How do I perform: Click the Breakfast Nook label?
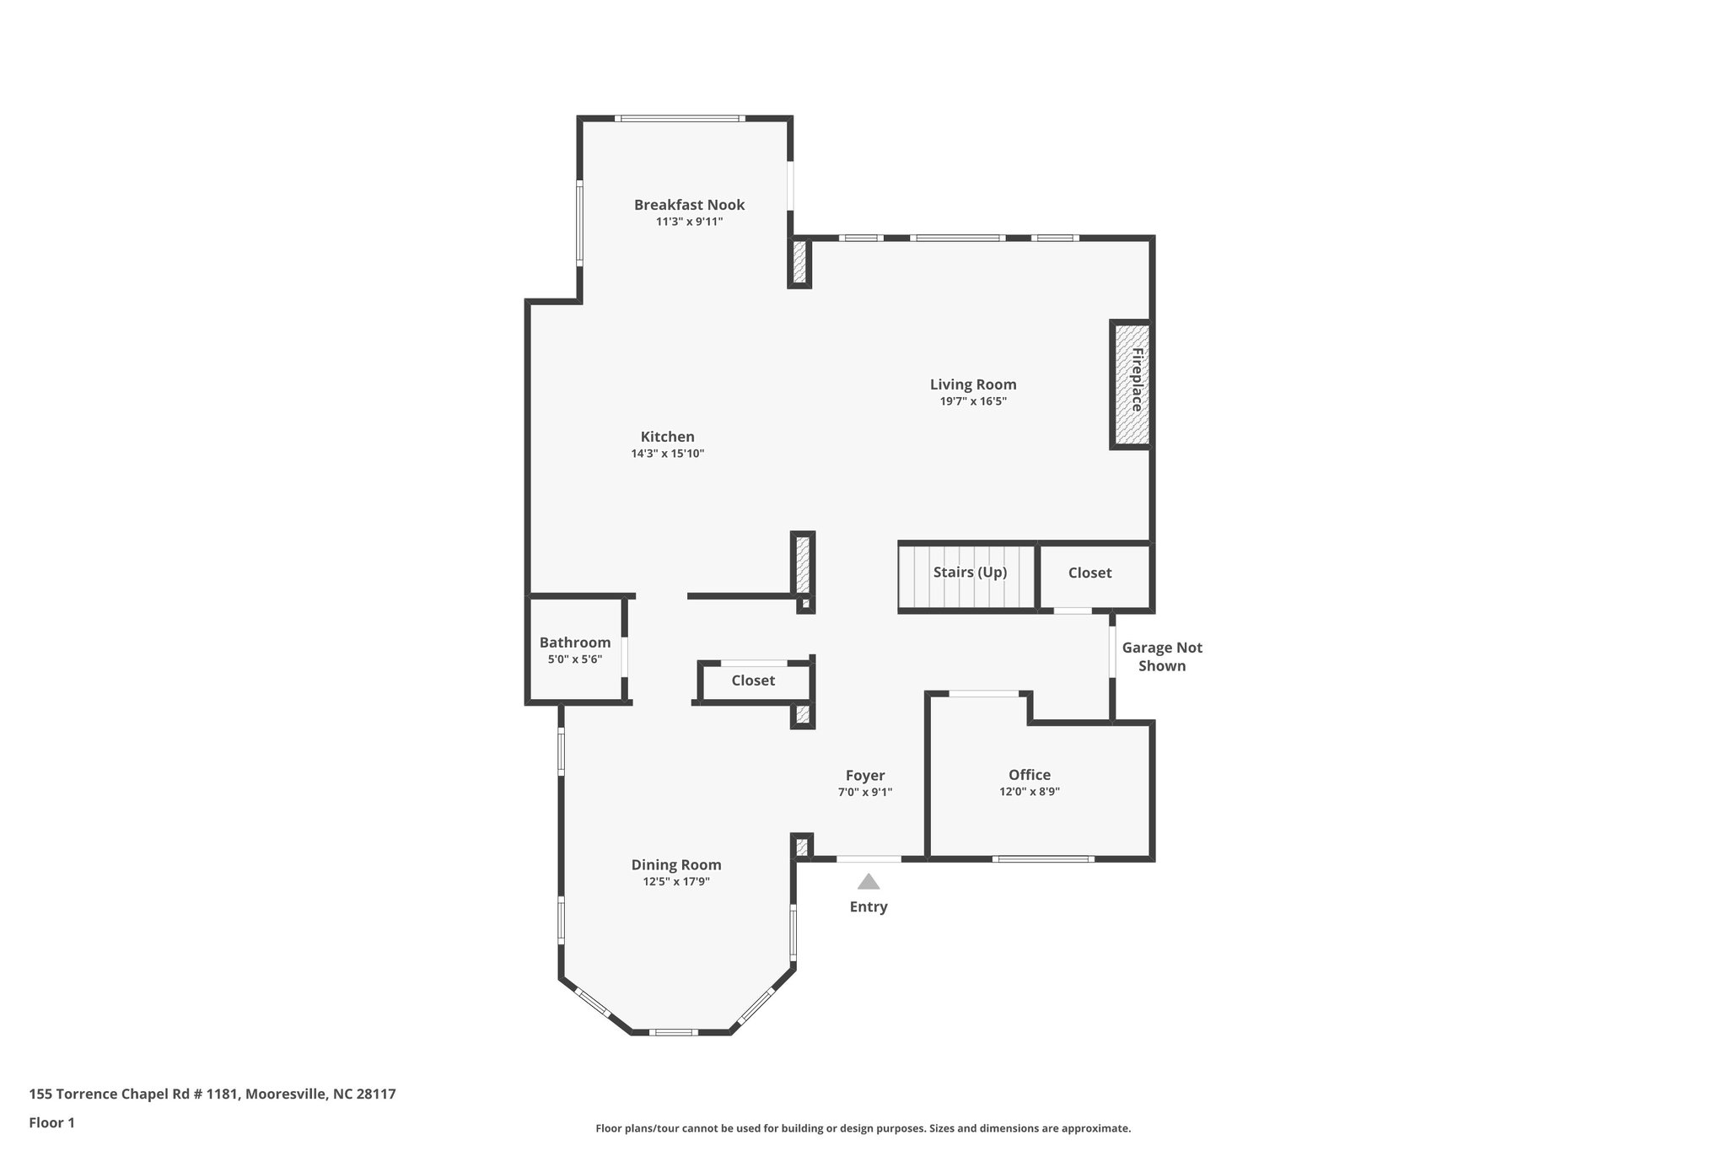(x=689, y=205)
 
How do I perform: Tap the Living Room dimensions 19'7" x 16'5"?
(x=973, y=402)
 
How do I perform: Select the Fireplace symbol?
(x=1131, y=385)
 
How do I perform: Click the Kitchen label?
(x=667, y=437)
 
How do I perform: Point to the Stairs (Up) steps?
(x=968, y=576)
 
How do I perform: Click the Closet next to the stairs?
(x=1089, y=573)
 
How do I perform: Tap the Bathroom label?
(x=574, y=643)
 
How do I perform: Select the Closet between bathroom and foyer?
(x=752, y=680)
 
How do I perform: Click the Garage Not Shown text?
(x=1161, y=657)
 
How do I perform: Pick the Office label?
(x=1029, y=775)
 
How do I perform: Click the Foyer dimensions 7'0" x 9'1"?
(x=864, y=793)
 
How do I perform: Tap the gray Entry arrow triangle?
(x=869, y=882)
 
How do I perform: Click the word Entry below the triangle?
(x=868, y=907)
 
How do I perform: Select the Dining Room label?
(x=675, y=865)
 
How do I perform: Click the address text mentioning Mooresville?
(x=212, y=1095)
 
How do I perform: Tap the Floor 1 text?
(x=51, y=1123)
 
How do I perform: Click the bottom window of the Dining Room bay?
(x=673, y=1032)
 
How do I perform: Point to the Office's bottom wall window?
(x=1042, y=859)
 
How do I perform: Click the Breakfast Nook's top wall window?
(x=679, y=119)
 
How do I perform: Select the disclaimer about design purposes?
(x=863, y=1128)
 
